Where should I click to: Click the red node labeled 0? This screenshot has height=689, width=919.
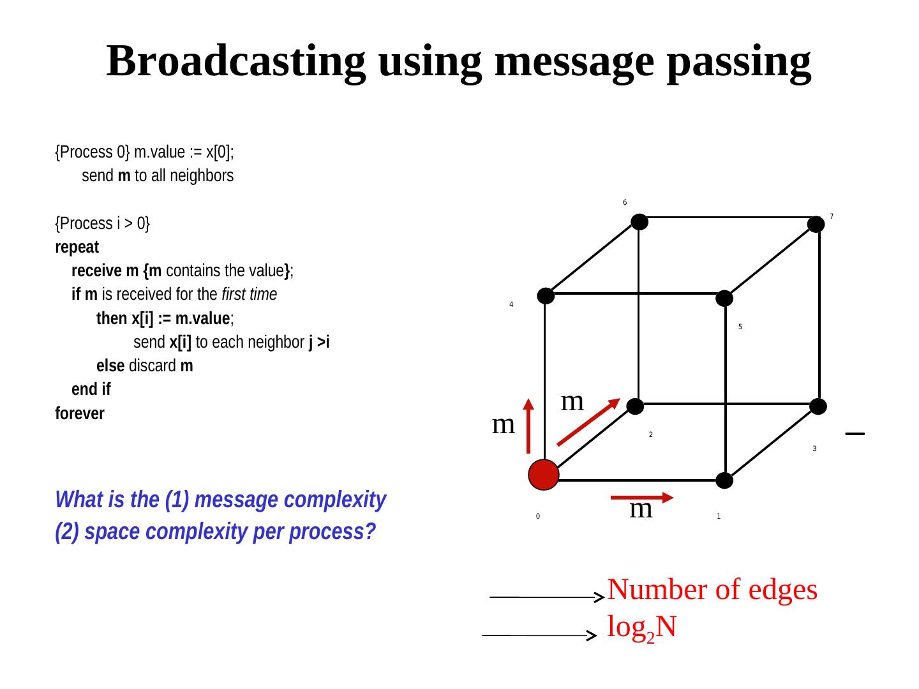tap(544, 475)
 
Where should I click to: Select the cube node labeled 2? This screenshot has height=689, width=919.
tap(635, 406)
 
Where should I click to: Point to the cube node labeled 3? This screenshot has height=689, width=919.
tap(818, 406)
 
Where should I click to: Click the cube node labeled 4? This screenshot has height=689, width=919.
tap(546, 295)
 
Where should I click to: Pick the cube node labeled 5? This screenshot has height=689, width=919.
tap(724, 298)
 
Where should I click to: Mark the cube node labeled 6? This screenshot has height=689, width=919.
tap(639, 221)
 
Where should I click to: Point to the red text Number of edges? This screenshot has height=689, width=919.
tap(712, 590)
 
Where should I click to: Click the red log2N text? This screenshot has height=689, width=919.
tap(641, 628)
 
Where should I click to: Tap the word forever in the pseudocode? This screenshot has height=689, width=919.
tap(80, 413)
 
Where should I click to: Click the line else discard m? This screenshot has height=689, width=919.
tap(144, 366)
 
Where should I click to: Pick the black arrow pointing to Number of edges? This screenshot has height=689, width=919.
tap(546, 597)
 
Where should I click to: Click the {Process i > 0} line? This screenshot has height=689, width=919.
tap(103, 223)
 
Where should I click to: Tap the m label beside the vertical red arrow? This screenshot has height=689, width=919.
tap(504, 424)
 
